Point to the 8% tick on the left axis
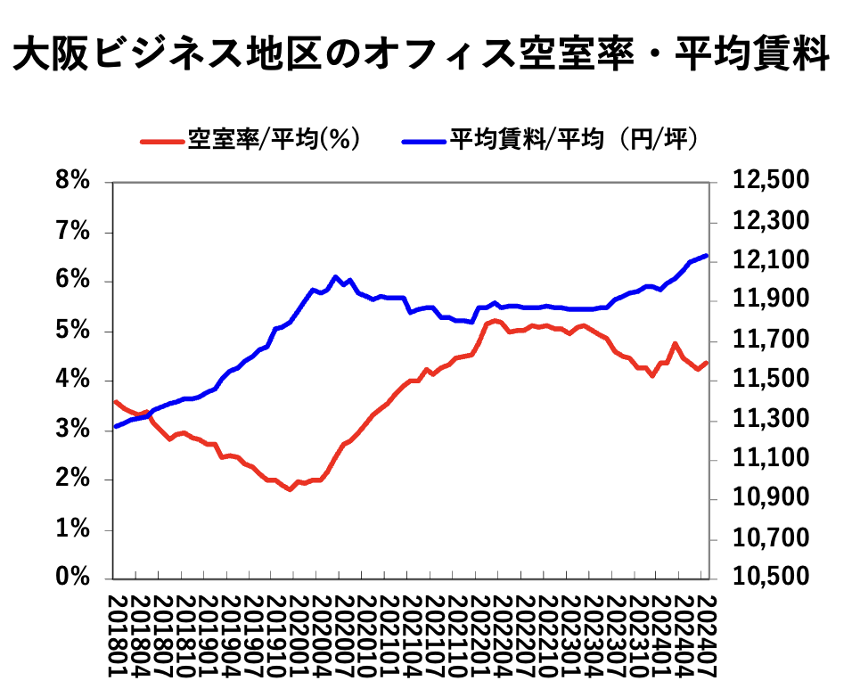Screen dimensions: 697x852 pos(73,183)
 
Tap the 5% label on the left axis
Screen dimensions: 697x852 pos(73,332)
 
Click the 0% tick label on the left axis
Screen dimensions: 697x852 pos(73,578)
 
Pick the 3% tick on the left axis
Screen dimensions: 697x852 pos(73,430)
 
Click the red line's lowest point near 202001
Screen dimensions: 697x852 pos(290,489)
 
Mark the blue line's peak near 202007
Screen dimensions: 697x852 pos(335,276)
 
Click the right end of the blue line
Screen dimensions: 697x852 pos(707,256)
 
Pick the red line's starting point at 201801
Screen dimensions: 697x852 pos(115,401)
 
